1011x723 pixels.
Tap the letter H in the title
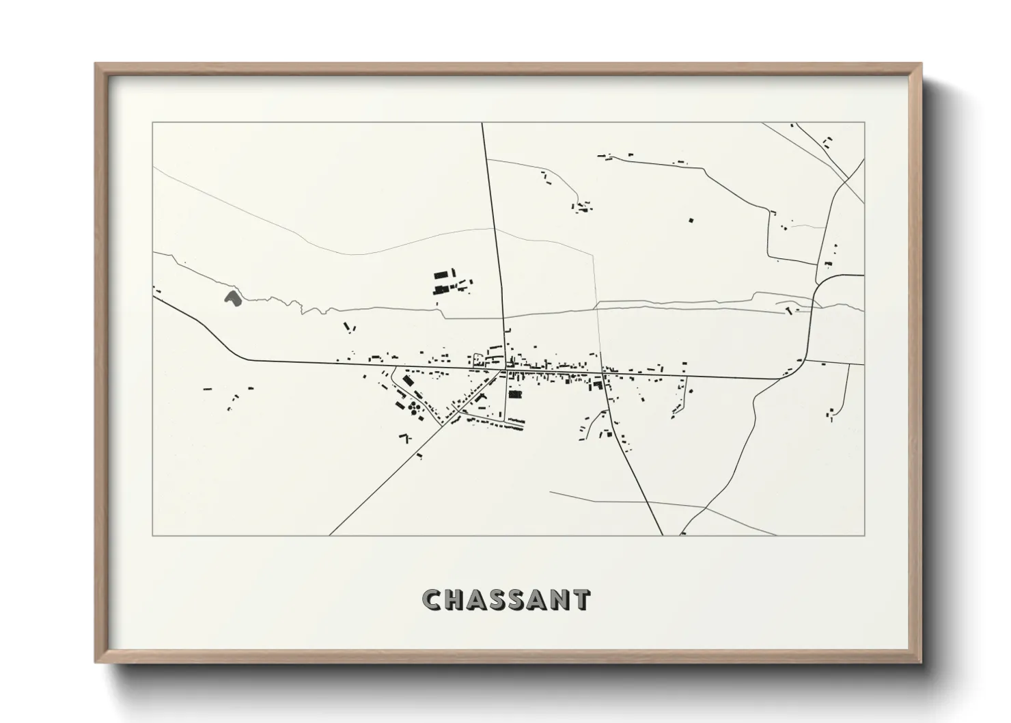tap(455, 600)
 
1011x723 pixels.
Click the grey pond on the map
tap(232, 298)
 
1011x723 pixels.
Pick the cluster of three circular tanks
tap(414, 409)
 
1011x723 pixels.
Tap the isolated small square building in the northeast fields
tap(691, 220)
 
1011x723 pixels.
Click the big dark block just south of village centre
tap(515, 394)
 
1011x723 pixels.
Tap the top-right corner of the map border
tap(864, 122)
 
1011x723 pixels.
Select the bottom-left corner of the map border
tap(153, 535)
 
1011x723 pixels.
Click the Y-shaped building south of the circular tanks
tap(405, 437)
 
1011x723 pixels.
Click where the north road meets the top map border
tap(482, 123)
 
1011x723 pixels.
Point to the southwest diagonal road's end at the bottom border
tap(330, 535)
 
